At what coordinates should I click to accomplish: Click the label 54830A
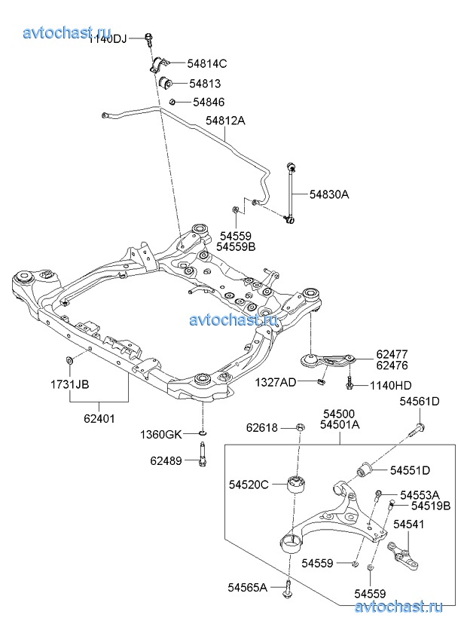[329, 194]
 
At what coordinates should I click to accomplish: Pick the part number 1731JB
[70, 384]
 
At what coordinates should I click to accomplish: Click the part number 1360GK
[161, 435]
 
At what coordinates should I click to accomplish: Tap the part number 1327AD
[275, 382]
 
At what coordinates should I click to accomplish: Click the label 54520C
[248, 485]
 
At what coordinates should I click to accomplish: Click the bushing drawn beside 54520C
[299, 482]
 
